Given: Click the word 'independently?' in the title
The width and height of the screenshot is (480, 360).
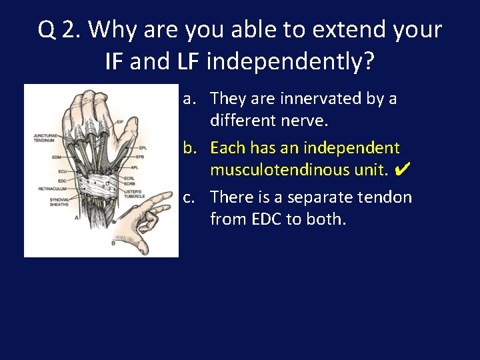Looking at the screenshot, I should [291, 62].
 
